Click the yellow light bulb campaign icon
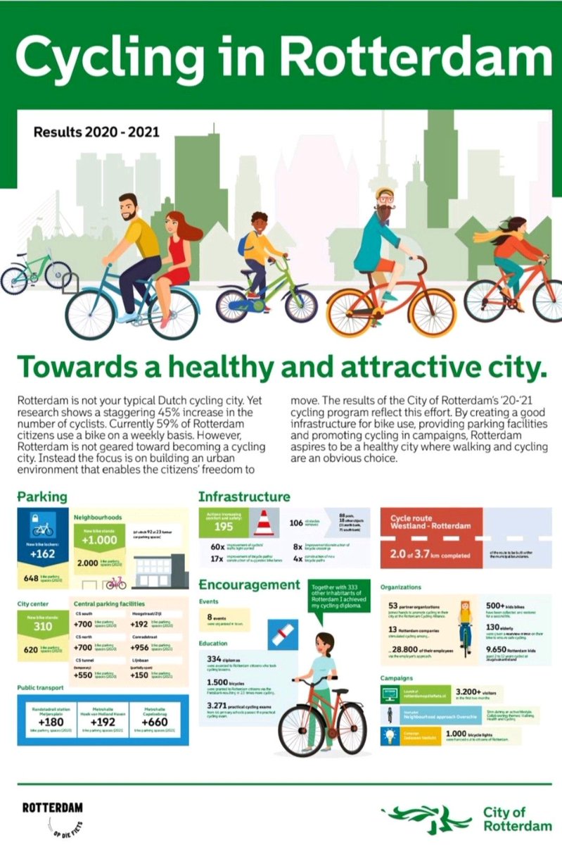click(x=389, y=736)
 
